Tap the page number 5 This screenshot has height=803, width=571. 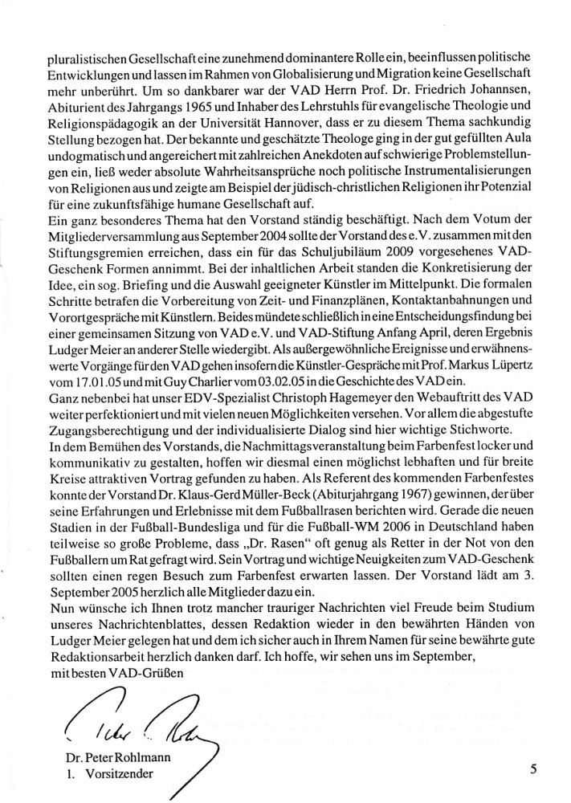[533, 768]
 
